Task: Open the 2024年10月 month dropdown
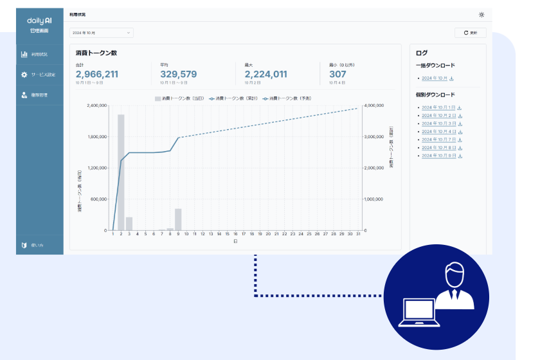(101, 32)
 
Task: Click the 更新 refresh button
(470, 32)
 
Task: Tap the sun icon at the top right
(482, 15)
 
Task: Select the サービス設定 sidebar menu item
(40, 75)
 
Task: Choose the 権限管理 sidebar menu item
(40, 95)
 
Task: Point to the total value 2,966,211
(97, 74)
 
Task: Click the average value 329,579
(179, 74)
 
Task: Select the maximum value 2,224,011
(265, 74)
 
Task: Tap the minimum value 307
(337, 74)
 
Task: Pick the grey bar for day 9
(178, 219)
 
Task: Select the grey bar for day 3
(129, 224)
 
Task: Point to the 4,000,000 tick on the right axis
(374, 105)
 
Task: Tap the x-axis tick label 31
(357, 235)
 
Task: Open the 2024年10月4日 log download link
(438, 131)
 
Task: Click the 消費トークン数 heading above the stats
(96, 53)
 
